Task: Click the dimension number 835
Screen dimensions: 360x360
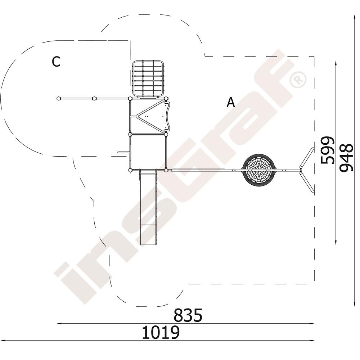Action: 188,315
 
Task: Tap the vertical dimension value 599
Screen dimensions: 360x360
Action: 327,150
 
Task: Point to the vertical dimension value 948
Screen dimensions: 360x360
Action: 346,158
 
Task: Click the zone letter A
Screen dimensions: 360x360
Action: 231,102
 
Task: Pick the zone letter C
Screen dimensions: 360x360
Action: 56,62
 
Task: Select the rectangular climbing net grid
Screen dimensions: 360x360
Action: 148,79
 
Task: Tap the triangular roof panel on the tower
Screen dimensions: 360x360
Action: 153,116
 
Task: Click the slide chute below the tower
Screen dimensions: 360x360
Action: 148,207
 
